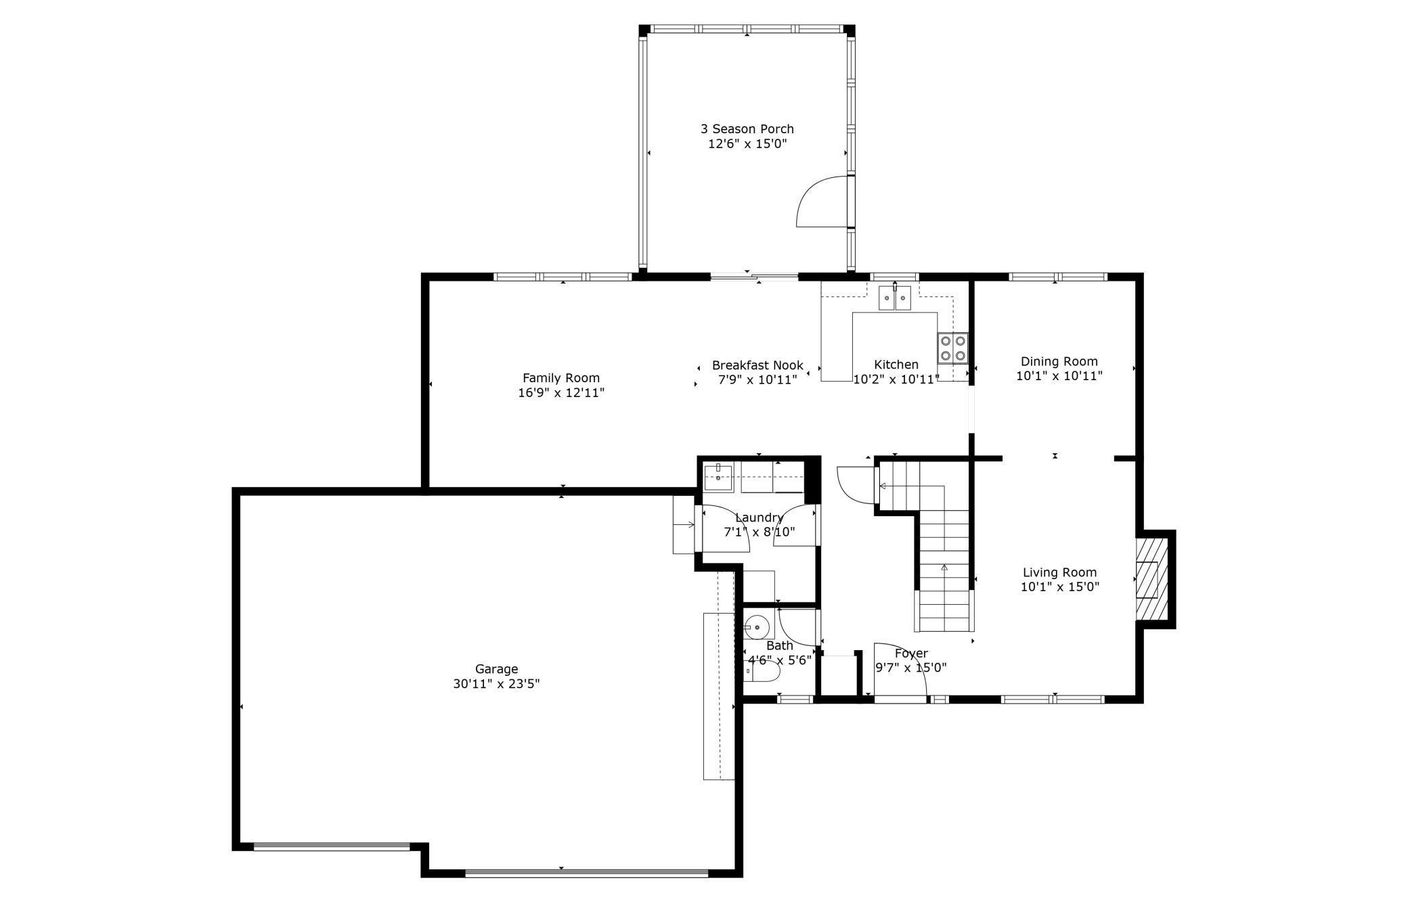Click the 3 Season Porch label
click(747, 129)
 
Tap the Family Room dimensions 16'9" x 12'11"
click(560, 393)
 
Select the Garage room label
click(496, 669)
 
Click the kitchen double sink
click(895, 298)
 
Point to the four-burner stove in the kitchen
click(952, 348)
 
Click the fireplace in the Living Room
click(1151, 579)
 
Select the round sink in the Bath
click(757, 628)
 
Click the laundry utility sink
click(718, 478)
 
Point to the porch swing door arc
click(820, 202)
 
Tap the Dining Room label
click(1059, 361)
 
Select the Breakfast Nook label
click(757, 365)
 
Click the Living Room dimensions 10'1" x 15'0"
click(1059, 587)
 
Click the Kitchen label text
click(896, 365)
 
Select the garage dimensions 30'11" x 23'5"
click(496, 684)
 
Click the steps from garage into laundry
click(684, 525)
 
